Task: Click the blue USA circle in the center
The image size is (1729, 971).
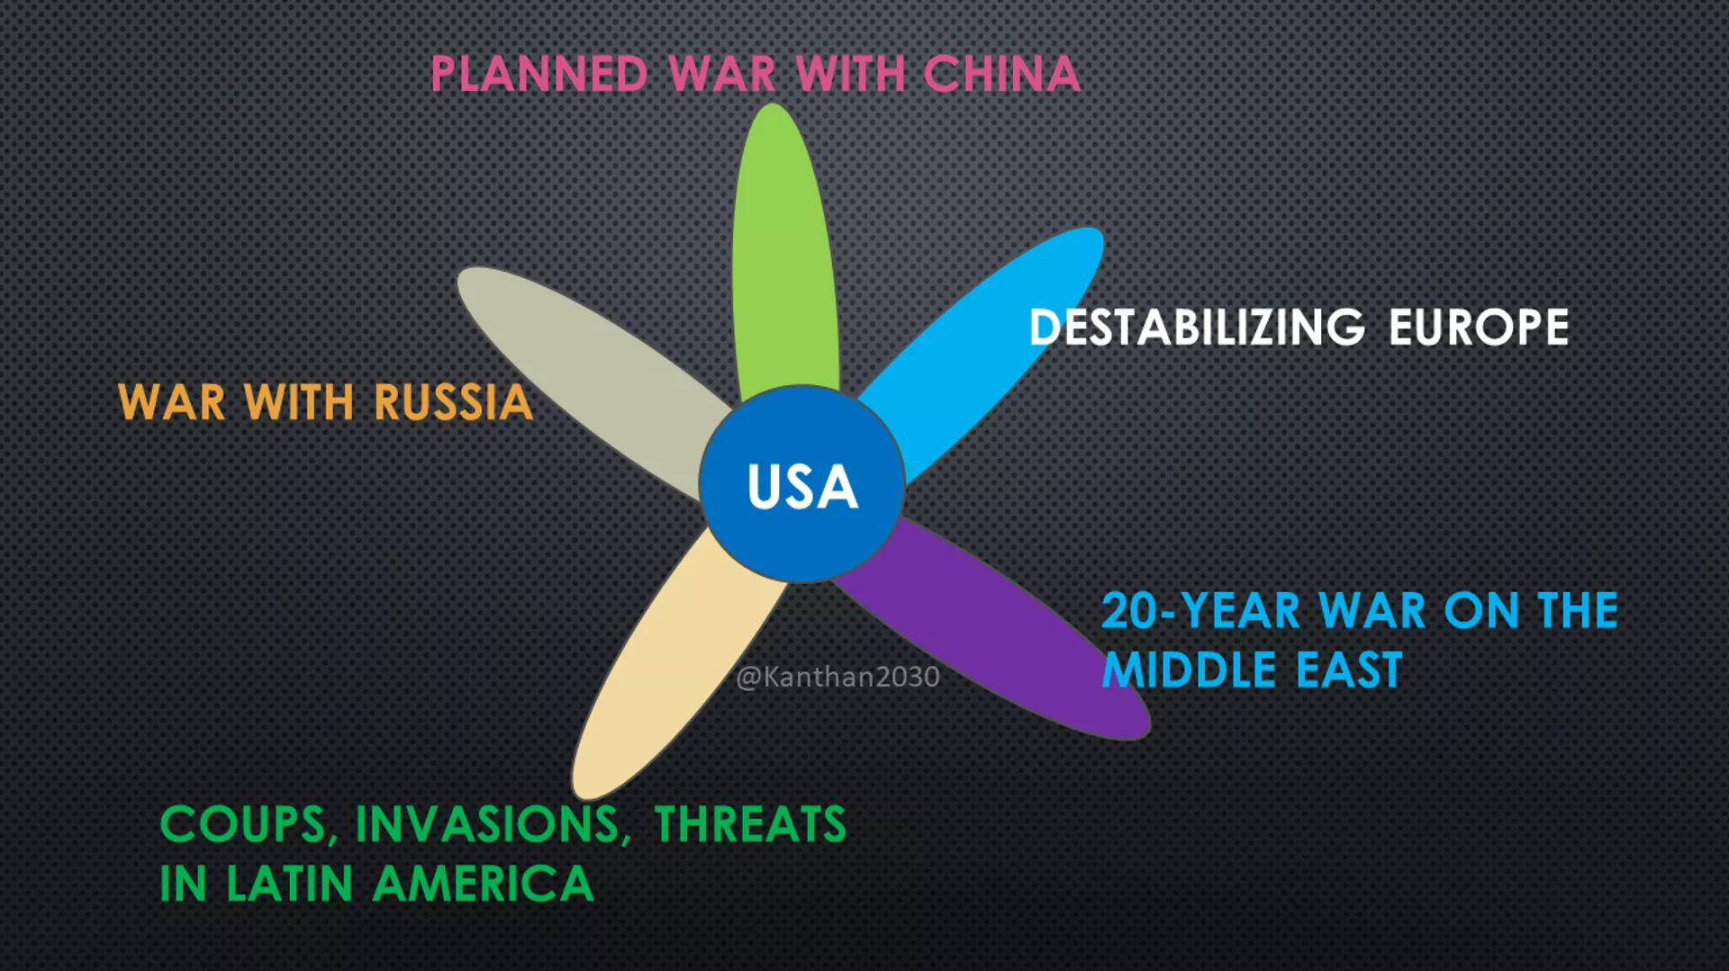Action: [801, 484]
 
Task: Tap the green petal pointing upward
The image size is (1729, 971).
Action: [783, 252]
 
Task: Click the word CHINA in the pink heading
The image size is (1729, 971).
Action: [1001, 74]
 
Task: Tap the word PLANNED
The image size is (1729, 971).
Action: [539, 74]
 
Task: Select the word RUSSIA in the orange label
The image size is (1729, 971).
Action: [453, 402]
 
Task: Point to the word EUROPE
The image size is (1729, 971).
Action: [1479, 327]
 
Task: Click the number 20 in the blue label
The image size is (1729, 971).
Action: [1129, 611]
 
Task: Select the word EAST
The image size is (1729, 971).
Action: [1349, 670]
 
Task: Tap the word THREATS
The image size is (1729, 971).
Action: [750, 824]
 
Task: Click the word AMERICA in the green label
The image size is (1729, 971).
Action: [484, 884]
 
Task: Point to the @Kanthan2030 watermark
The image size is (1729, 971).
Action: [837, 677]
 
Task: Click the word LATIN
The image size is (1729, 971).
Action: [289, 884]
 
